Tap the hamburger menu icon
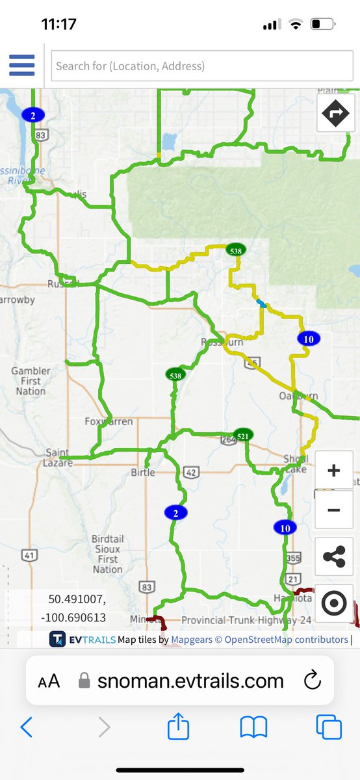pos(21,65)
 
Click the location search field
pos(202,66)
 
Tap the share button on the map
pos(334,556)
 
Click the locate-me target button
pos(334,603)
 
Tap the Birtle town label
pos(143,473)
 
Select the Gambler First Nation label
pos(31,381)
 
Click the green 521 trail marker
pos(243,435)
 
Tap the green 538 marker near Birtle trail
pos(175,375)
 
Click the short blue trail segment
pos(261,304)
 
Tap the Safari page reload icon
pos(312,681)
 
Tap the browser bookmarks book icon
pos(253,727)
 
